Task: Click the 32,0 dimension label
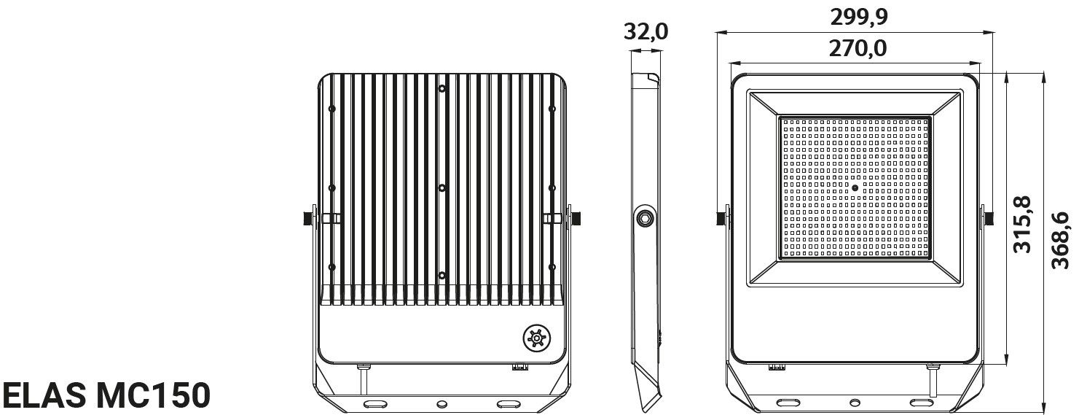(646, 32)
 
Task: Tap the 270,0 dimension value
(857, 48)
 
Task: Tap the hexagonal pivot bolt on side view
(644, 217)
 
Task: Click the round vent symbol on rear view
(535, 338)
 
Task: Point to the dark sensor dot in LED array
(855, 187)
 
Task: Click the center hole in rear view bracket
(442, 403)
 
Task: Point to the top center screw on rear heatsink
(442, 89)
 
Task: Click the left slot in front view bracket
(788, 403)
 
